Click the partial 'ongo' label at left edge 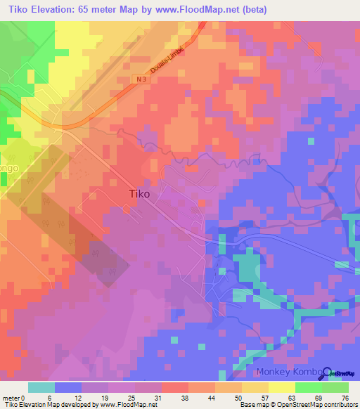(8, 169)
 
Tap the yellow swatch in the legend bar (281, 387)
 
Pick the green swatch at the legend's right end (335, 387)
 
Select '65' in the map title (99, 8)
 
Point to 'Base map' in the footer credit (253, 405)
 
